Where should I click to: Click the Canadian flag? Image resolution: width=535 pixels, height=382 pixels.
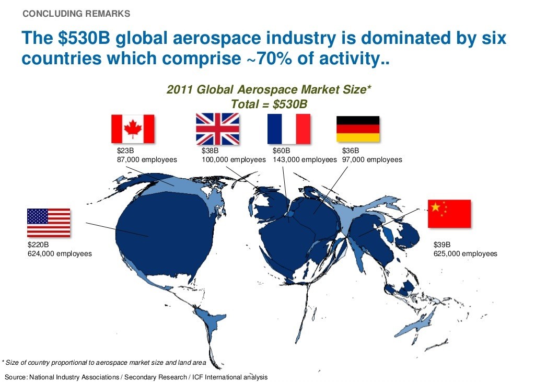(133, 129)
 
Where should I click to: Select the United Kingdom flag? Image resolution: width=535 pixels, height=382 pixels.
(217, 129)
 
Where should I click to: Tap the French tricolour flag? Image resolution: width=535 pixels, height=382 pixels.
(288, 129)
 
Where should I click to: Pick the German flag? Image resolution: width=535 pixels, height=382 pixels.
(358, 129)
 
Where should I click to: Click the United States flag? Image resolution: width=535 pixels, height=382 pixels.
(49, 223)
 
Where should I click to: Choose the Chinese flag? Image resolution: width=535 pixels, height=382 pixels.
(449, 214)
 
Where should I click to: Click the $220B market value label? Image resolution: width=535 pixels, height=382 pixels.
(38, 245)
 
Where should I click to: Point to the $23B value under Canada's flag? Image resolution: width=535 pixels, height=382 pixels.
(125, 151)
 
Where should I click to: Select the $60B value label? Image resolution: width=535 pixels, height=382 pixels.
(282, 151)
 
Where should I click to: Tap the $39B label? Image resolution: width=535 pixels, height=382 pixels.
(442, 245)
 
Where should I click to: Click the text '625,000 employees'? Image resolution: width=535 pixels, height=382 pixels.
(466, 253)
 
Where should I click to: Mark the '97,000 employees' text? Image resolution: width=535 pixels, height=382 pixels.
(372, 159)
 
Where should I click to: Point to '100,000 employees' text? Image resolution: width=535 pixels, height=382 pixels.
(234, 159)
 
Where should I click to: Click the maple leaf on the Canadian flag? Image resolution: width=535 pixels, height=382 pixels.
(133, 129)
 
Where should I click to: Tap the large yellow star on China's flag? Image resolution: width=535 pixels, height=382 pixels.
(436, 207)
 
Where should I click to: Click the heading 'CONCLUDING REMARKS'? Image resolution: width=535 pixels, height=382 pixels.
(76, 14)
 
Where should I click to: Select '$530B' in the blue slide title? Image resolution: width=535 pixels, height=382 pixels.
(84, 38)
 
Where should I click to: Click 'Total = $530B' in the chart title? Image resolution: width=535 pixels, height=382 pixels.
(269, 104)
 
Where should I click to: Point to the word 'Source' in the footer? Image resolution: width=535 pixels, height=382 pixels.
(15, 377)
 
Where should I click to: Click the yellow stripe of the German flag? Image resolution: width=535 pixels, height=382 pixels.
(358, 137)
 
